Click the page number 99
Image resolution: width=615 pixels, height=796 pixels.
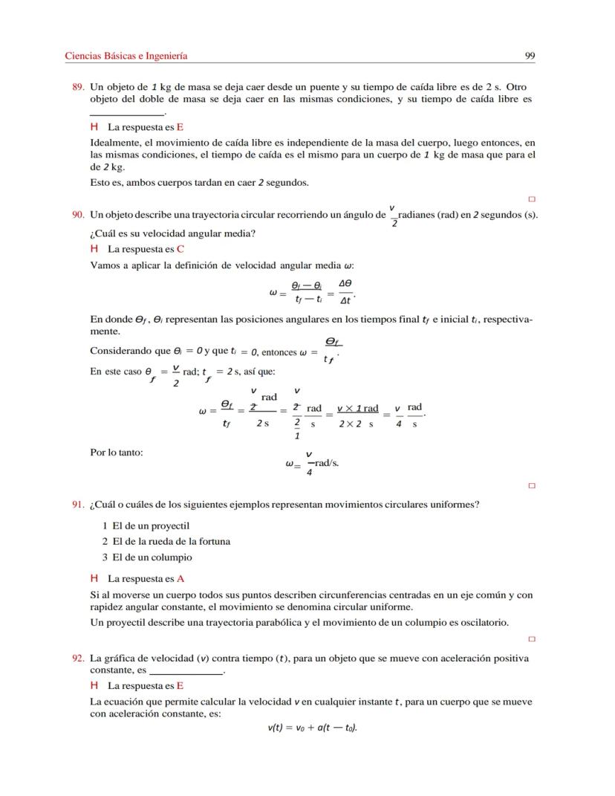click(530, 56)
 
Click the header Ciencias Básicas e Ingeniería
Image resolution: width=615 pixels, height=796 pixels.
click(126, 56)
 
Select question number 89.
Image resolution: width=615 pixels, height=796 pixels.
click(77, 87)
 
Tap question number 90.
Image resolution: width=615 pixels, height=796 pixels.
click(77, 216)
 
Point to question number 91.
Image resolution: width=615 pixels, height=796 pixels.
click(77, 505)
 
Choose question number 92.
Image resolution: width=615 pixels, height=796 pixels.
click(77, 659)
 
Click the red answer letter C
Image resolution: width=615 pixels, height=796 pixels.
click(180, 250)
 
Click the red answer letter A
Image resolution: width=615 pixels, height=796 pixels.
click(180, 578)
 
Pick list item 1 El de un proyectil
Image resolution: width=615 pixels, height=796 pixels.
click(146, 525)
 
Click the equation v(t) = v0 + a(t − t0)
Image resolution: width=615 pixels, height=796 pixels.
click(312, 728)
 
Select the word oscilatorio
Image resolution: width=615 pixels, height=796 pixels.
click(483, 622)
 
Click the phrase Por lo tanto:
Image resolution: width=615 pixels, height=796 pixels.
click(117, 452)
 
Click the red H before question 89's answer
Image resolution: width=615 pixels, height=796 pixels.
click(94, 127)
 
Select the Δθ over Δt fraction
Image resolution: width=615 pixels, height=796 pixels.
click(345, 291)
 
